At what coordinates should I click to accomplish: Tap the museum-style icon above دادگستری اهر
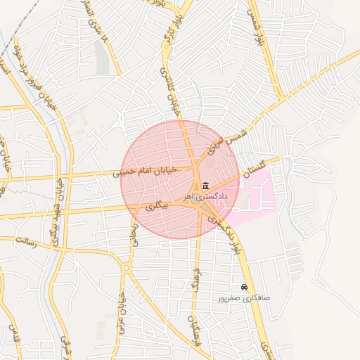(x=205, y=186)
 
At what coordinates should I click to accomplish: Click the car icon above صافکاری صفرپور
(x=244, y=288)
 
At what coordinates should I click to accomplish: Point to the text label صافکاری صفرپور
(x=244, y=298)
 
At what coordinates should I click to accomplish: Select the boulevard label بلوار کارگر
(x=169, y=44)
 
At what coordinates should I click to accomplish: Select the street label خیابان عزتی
(x=121, y=313)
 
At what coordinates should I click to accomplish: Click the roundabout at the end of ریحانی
(x=127, y=267)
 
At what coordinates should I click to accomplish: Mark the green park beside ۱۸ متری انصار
(x=103, y=60)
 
